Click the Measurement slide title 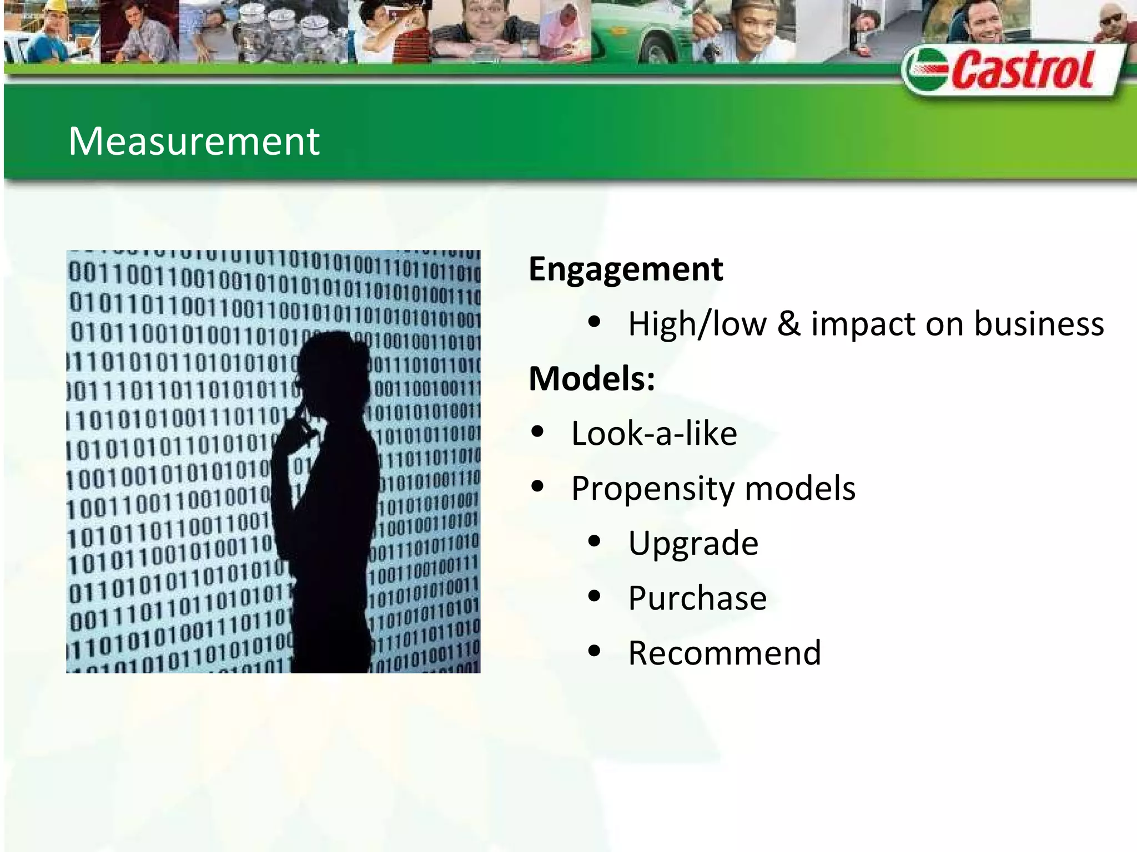click(x=194, y=141)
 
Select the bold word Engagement click(x=626, y=269)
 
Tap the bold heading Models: click(x=592, y=379)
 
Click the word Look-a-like click(x=654, y=433)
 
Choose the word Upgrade click(x=693, y=544)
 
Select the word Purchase click(x=697, y=598)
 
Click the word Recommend click(x=724, y=653)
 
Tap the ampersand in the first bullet click(x=788, y=324)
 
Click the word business click(x=1039, y=324)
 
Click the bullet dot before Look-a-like click(x=537, y=432)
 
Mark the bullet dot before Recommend click(x=594, y=651)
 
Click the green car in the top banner click(x=638, y=33)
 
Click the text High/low click(x=697, y=324)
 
